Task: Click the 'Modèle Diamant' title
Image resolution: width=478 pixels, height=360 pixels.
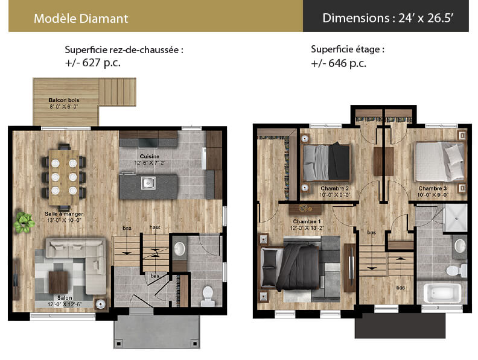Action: point(81,19)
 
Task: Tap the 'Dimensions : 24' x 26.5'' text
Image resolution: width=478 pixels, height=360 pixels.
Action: point(387,18)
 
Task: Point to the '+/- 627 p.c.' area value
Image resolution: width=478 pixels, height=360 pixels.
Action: point(93,63)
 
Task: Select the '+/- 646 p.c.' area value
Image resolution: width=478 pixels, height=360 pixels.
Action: point(339,63)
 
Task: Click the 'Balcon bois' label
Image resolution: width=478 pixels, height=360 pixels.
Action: point(64,100)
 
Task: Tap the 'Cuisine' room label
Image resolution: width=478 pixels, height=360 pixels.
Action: point(150,156)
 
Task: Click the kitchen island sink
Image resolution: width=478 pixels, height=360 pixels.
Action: point(148,183)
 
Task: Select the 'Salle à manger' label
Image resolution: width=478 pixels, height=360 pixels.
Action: point(64,214)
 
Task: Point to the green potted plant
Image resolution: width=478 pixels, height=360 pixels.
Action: point(24,223)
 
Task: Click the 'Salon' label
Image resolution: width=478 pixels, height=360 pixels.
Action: point(65,297)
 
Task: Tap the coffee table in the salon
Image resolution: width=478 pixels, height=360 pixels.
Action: point(58,282)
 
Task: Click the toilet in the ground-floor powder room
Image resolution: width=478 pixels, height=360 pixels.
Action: point(208,295)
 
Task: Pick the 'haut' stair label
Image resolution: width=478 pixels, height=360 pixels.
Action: point(155,227)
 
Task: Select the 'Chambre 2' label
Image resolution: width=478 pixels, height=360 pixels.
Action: point(334,189)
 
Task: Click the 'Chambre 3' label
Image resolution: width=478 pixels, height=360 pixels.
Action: point(433,189)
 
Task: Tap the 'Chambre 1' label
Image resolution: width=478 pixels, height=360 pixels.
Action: point(307,221)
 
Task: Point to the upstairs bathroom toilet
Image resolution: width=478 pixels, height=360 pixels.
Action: point(456,270)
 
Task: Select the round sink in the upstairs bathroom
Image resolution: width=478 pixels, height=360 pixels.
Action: point(460,246)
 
